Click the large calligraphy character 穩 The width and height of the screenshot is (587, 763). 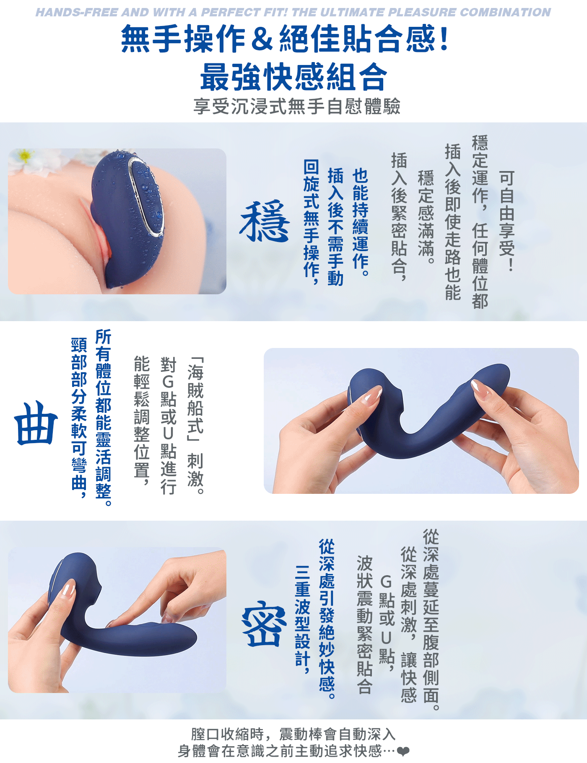tap(265, 221)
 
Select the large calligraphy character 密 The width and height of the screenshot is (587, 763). tap(265, 624)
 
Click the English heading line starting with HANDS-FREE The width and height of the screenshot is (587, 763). tap(293, 12)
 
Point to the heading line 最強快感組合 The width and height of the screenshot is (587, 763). tap(293, 77)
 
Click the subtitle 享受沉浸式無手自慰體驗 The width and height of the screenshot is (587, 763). tap(297, 106)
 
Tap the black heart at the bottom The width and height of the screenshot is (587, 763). tap(403, 751)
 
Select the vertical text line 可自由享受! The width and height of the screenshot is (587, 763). tap(506, 221)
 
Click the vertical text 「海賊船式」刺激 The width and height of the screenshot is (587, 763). tap(195, 426)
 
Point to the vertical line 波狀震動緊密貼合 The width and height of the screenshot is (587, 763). tap(365, 625)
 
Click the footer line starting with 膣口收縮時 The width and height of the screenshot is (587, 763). tap(293, 734)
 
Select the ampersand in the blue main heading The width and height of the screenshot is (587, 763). tap(262, 39)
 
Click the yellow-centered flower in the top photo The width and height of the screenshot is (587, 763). tap(26, 157)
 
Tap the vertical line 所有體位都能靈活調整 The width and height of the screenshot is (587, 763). tap(104, 418)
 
